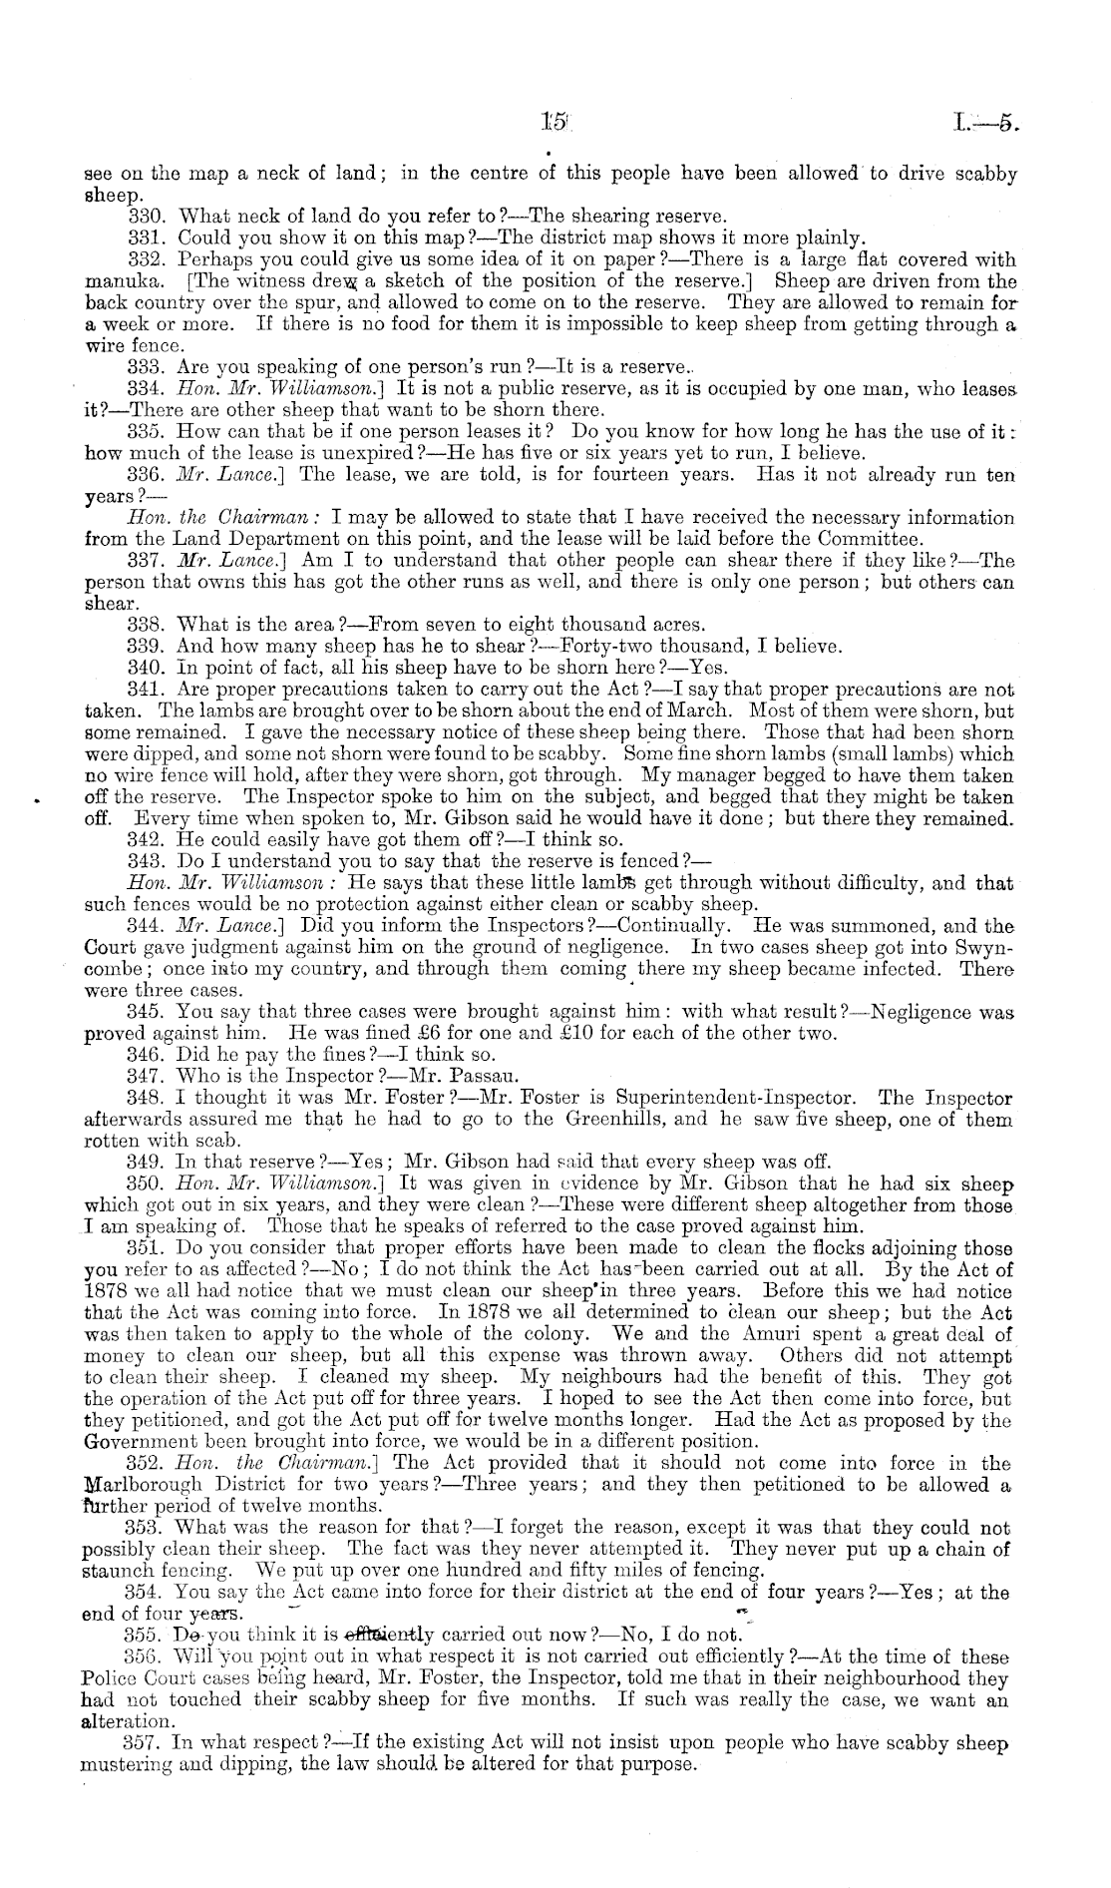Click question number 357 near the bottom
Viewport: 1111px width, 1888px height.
coord(147,1743)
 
